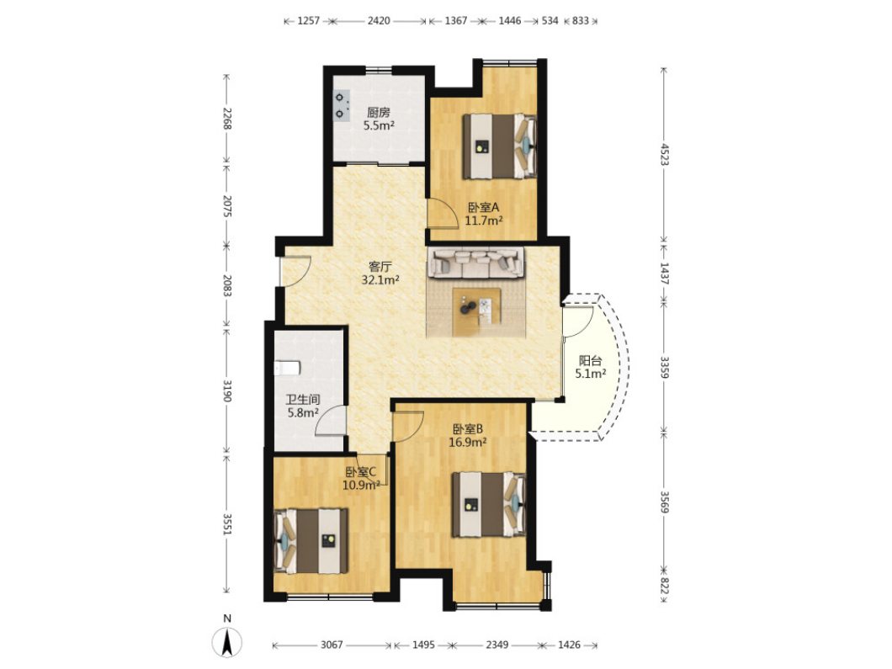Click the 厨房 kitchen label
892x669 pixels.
(379, 113)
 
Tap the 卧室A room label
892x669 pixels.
(484, 208)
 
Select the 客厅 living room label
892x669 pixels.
(380, 266)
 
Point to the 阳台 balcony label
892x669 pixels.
(591, 361)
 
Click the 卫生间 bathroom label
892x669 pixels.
(303, 400)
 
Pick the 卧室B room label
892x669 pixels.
(468, 429)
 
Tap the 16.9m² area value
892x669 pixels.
(468, 442)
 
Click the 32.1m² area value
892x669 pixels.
(380, 279)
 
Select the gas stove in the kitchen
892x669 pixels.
(341, 106)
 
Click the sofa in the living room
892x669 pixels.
(475, 263)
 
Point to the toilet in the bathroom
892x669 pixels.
(287, 368)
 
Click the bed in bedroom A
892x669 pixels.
(499, 146)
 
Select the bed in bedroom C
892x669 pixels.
(311, 541)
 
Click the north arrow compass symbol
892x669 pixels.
(227, 643)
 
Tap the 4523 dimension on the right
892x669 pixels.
(664, 154)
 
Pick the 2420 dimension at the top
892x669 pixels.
(379, 21)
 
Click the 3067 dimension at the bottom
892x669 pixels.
(332, 645)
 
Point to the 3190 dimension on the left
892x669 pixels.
(226, 390)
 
